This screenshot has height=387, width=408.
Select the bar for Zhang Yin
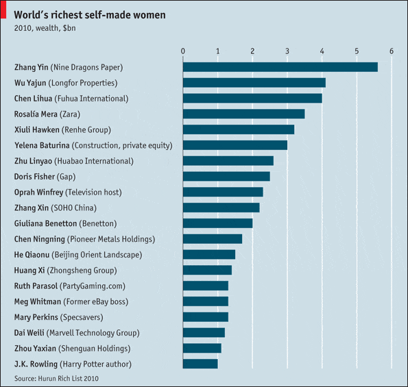click(x=280, y=67)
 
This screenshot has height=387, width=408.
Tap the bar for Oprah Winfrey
click(x=223, y=192)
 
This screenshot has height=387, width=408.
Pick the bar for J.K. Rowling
click(x=200, y=364)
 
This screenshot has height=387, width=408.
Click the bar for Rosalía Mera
click(x=243, y=114)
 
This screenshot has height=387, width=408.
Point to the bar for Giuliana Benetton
click(x=217, y=223)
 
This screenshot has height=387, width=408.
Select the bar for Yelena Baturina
click(x=235, y=145)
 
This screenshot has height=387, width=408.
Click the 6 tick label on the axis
click(x=392, y=51)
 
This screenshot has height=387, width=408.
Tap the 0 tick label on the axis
click(x=183, y=51)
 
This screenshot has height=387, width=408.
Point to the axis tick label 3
click(x=287, y=51)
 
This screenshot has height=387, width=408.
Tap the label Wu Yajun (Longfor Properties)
click(x=65, y=83)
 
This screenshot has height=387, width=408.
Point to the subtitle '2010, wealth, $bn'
click(x=45, y=29)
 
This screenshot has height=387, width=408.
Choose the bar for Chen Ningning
click(x=213, y=239)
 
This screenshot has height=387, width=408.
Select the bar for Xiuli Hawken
click(x=239, y=129)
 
